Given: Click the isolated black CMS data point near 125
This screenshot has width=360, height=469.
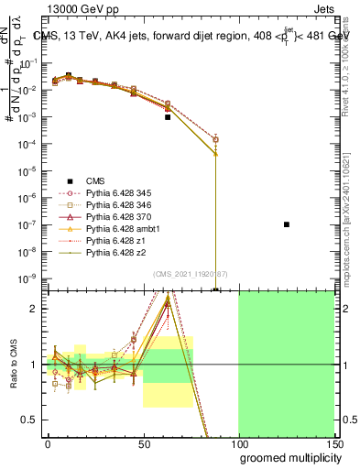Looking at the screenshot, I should pos(287,224).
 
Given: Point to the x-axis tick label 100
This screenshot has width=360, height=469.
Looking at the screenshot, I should pos(238,443).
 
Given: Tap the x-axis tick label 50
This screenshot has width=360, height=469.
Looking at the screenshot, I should pos(143,443).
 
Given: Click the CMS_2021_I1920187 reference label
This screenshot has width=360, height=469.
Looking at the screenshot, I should pos(190,275).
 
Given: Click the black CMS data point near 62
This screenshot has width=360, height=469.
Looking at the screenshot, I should pos(168,117).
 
